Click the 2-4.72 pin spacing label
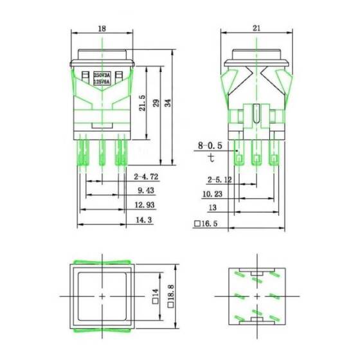(x=147, y=175)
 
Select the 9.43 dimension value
(x=147, y=191)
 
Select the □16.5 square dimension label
(x=206, y=225)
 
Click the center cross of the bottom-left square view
(x=104, y=296)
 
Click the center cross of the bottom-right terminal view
(x=257, y=296)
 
